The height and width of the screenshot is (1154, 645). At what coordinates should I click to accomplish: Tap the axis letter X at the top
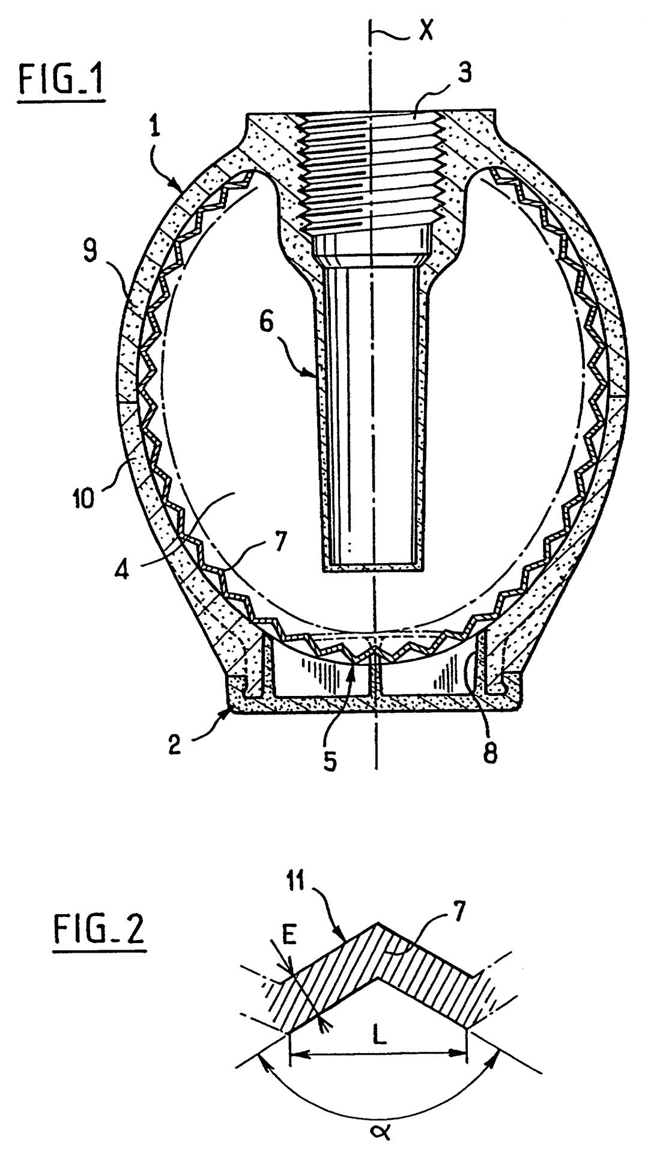pyautogui.click(x=425, y=31)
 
